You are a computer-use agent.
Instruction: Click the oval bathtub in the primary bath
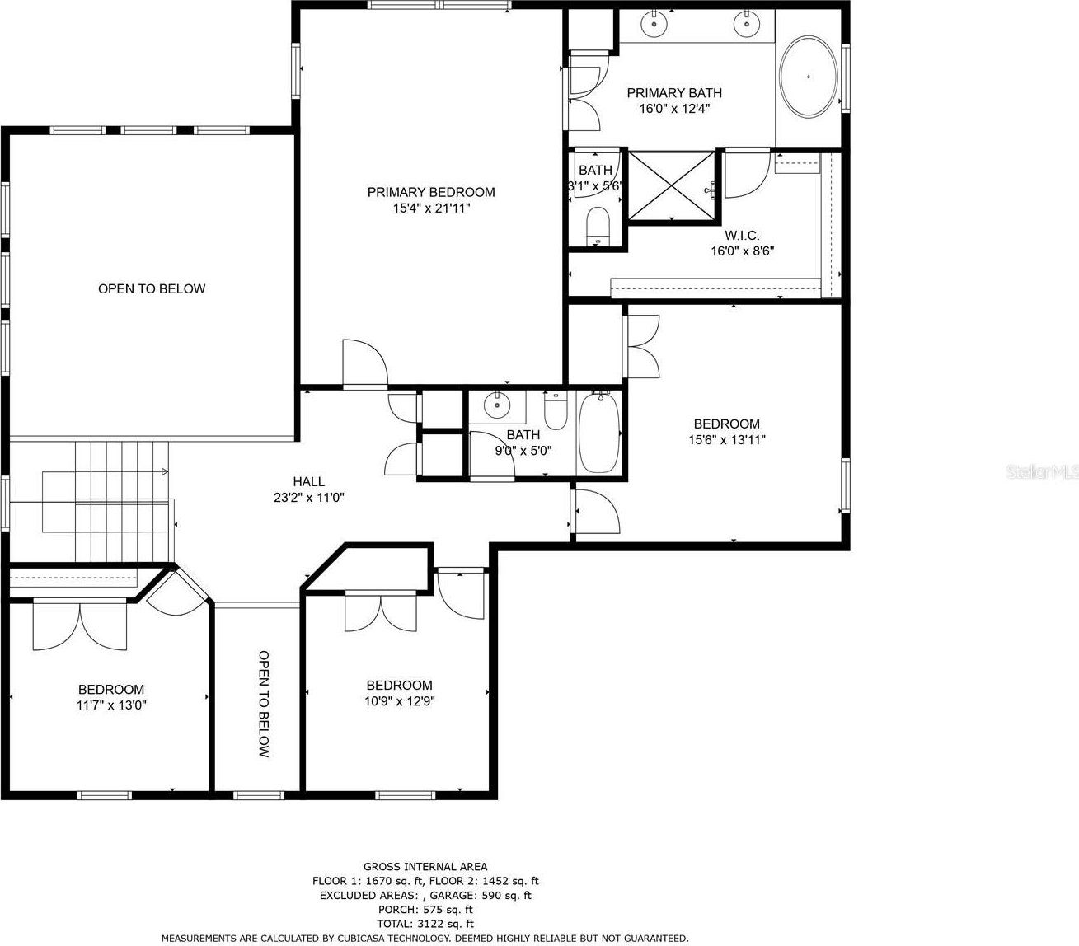[x=808, y=77]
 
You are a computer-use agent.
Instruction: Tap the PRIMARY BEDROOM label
[x=431, y=192]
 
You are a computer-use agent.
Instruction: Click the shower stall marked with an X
[x=672, y=185]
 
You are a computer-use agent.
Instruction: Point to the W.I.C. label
[x=742, y=235]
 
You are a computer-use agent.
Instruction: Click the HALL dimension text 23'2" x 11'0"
[x=309, y=498]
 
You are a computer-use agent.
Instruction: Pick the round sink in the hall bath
[x=497, y=405]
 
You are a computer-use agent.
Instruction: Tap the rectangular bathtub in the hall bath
[x=600, y=433]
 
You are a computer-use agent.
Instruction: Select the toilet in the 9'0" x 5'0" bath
[x=556, y=410]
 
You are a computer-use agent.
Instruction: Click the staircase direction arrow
[x=165, y=471]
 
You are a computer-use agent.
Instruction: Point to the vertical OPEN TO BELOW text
[x=264, y=704]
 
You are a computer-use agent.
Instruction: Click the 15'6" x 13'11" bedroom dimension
[x=727, y=440]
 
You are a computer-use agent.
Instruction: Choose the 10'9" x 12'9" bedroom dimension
[x=400, y=701]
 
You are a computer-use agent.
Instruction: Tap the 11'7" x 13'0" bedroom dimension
[x=110, y=705]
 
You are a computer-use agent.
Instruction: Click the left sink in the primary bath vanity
[x=653, y=24]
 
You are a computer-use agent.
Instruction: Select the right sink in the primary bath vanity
[x=747, y=24]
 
